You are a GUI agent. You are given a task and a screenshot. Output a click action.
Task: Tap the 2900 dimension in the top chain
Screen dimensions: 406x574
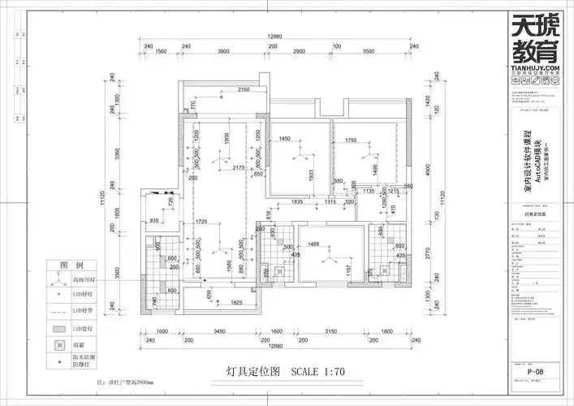click(300, 52)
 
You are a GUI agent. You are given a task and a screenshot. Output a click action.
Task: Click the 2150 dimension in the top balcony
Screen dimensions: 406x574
click(243, 90)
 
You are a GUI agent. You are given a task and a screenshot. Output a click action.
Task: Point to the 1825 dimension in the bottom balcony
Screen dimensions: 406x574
click(235, 303)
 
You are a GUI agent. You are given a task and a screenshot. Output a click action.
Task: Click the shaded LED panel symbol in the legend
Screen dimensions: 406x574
click(58, 329)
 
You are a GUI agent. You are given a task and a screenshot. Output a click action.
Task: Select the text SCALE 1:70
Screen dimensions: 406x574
click(318, 372)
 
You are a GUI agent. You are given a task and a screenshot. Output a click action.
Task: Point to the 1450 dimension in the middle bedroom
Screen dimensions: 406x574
click(284, 140)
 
